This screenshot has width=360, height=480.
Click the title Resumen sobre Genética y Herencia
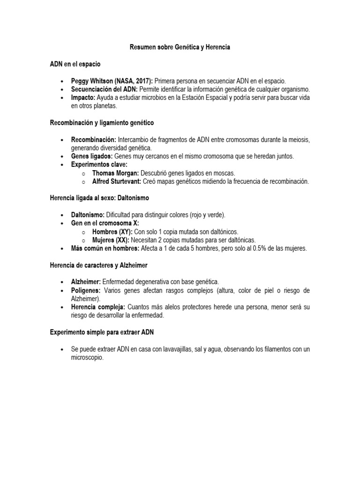(180, 48)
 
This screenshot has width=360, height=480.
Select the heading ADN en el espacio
(75, 64)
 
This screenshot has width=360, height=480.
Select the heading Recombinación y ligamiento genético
(102, 123)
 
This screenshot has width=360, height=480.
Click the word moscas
(224, 173)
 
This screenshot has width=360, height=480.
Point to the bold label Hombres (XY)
(112, 232)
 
